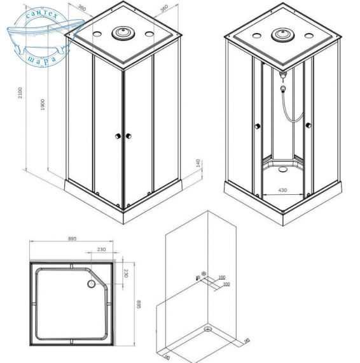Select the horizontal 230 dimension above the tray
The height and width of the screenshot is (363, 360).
click(x=101, y=250)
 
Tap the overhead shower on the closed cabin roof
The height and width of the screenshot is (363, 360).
click(x=121, y=32)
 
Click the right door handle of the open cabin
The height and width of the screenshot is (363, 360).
click(x=307, y=125)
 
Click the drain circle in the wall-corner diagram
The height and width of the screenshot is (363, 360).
click(x=208, y=329)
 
